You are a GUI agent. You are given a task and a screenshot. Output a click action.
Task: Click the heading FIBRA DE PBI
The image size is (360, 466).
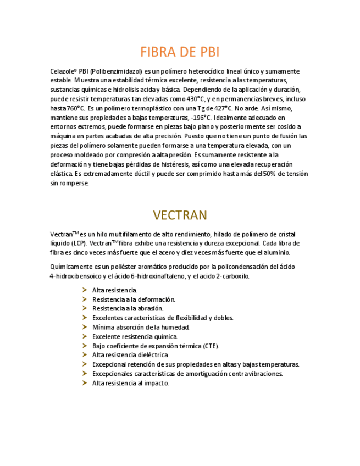(180, 52)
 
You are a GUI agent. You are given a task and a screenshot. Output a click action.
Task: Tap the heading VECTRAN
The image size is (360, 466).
(180, 214)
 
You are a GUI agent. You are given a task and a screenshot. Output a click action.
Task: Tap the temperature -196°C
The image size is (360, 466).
(200, 118)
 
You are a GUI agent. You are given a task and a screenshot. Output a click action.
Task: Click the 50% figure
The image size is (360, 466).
(269, 174)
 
